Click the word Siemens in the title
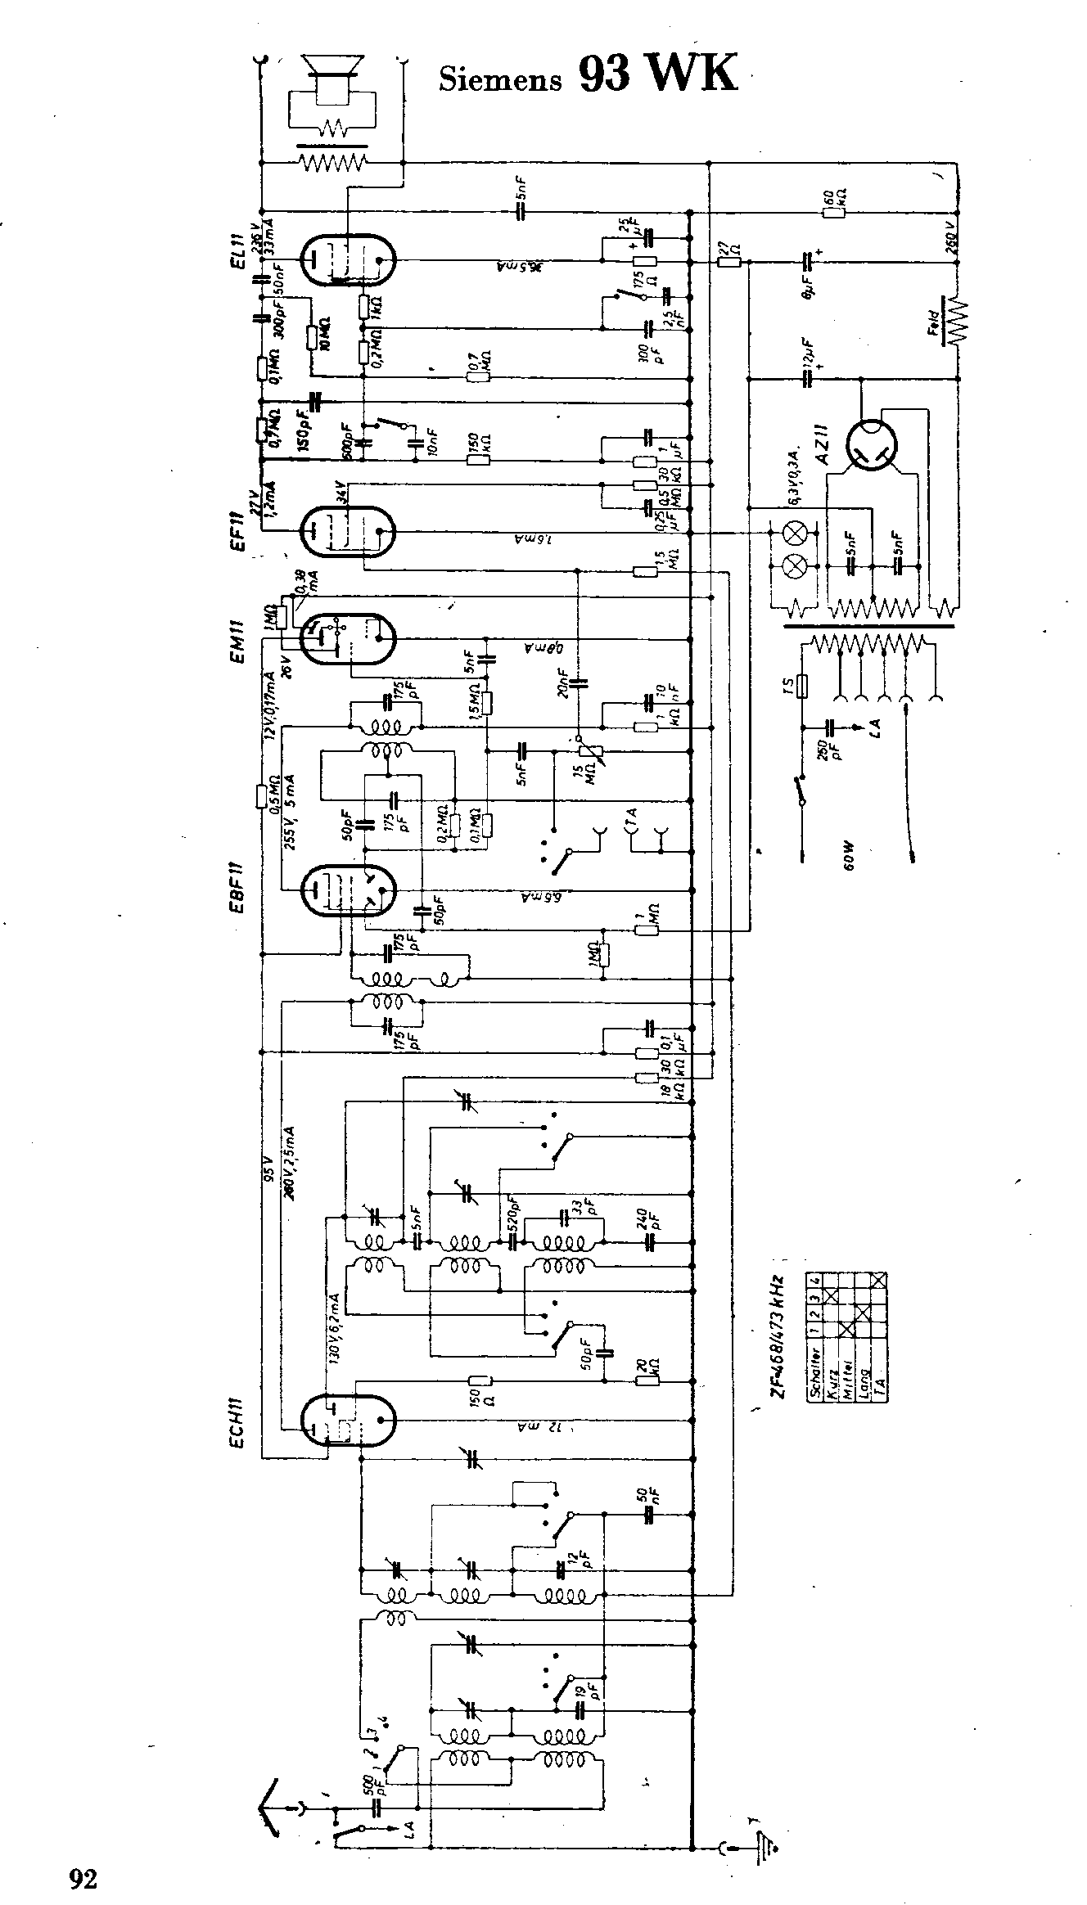point(500,79)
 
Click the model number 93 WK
point(658,74)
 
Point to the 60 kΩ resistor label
point(835,197)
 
